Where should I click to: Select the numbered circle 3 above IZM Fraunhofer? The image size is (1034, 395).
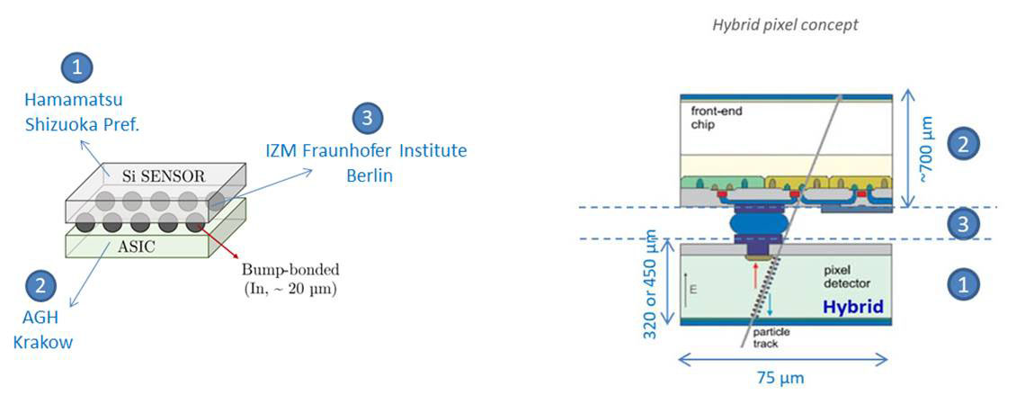(366, 117)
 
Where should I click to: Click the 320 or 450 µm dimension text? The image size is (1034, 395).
(653, 282)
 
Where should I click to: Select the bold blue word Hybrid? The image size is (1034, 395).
(851, 308)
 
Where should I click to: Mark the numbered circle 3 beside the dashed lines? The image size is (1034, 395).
(963, 223)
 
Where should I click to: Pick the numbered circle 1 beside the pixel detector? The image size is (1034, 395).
(963, 284)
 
